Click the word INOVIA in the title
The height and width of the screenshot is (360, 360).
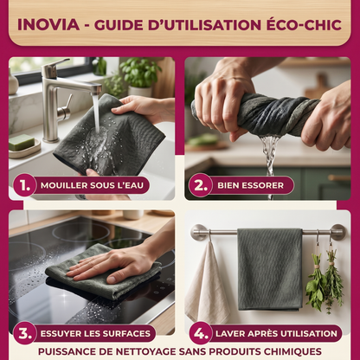click(x=48, y=24)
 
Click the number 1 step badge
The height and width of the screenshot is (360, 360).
click(x=25, y=185)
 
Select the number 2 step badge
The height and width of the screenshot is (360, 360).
click(x=200, y=185)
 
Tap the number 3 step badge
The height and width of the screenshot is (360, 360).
click(x=25, y=333)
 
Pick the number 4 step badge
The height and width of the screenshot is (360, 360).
click(x=201, y=333)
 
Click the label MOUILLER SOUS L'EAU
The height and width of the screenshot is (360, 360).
click(x=92, y=185)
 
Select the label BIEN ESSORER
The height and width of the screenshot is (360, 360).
click(x=250, y=185)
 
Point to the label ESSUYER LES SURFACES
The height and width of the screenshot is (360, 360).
click(x=95, y=333)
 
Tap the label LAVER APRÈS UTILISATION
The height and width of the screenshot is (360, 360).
click(x=276, y=333)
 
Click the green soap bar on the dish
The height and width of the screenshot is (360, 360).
click(x=22, y=142)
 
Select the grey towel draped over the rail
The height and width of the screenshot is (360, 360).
click(x=270, y=269)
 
